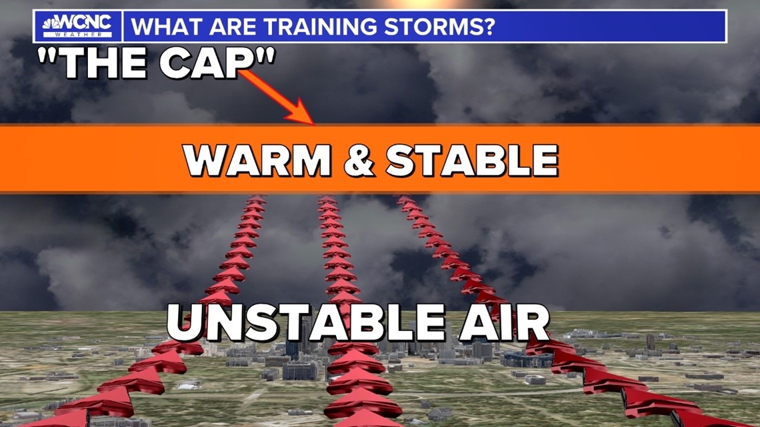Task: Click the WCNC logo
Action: click(x=77, y=26)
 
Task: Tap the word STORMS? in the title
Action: click(x=439, y=26)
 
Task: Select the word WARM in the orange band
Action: click(x=257, y=161)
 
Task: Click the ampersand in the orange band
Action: click(x=359, y=161)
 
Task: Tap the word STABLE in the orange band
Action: click(x=472, y=161)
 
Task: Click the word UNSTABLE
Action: click(x=305, y=322)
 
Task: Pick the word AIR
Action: click(x=504, y=322)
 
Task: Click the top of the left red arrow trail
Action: click(x=257, y=199)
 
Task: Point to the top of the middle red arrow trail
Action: click(x=327, y=199)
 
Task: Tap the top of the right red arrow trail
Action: click(x=405, y=199)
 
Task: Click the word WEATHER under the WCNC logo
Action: click(x=78, y=35)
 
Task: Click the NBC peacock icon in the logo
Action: click(x=50, y=24)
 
